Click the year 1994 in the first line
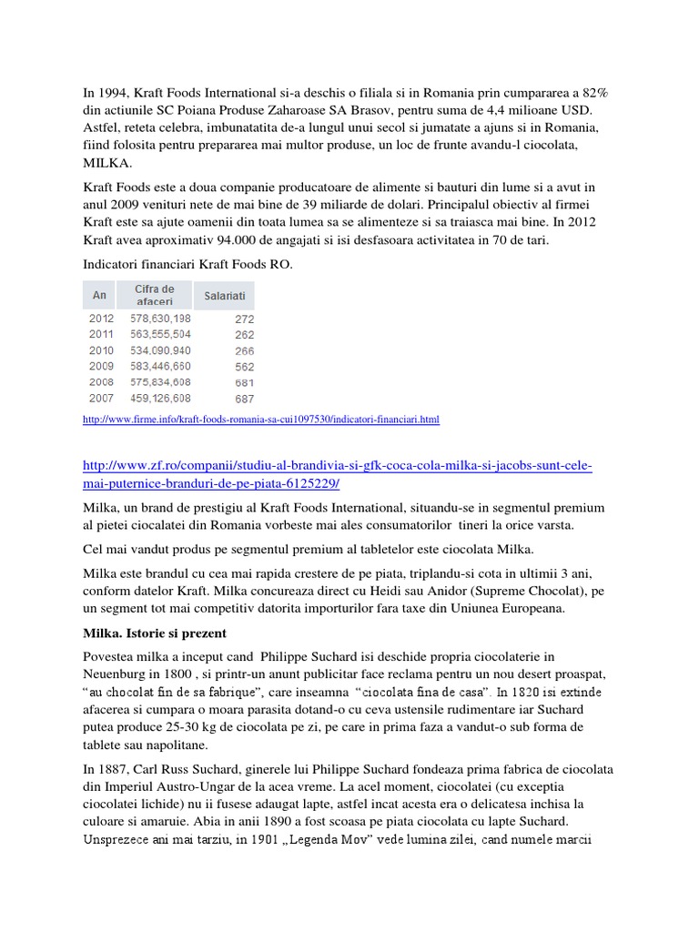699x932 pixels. coord(115,93)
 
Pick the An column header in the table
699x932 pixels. coord(100,295)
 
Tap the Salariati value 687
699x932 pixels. coord(244,399)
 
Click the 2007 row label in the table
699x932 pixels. coord(101,399)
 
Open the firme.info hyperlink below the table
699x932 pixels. coord(260,420)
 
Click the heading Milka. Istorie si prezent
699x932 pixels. coord(155,633)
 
